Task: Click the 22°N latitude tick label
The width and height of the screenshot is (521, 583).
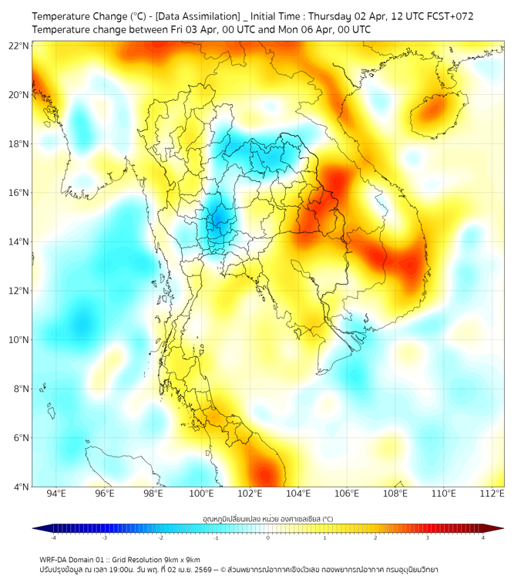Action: coord(19,45)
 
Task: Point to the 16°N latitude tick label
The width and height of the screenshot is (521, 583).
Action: coord(19,193)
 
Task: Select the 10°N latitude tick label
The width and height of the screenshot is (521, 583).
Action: coord(19,339)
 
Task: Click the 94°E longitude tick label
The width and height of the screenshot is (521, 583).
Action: coord(56,494)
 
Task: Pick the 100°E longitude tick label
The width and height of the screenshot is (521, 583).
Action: coord(201,494)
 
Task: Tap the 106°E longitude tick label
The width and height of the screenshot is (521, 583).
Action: coord(347,494)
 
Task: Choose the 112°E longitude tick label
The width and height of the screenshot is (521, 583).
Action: coord(492,494)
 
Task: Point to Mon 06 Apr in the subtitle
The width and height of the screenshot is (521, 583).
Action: coord(295,29)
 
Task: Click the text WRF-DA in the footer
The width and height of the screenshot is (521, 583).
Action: coord(55,559)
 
